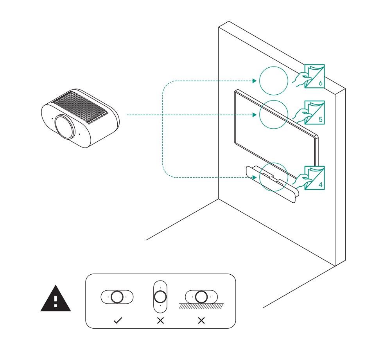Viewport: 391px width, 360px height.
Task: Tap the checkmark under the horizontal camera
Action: click(117, 320)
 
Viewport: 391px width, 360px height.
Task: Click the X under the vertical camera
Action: click(160, 320)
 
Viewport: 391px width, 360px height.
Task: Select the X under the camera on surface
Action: click(201, 320)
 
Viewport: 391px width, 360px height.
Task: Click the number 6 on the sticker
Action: click(321, 83)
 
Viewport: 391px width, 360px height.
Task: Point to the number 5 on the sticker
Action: click(321, 119)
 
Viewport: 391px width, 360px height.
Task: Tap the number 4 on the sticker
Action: click(321, 185)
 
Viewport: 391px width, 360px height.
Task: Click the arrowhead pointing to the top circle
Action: click(254, 81)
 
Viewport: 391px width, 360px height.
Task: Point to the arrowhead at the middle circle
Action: click(254, 115)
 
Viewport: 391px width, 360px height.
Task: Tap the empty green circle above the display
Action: click(274, 81)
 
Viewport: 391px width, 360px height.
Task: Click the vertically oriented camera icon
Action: click(160, 296)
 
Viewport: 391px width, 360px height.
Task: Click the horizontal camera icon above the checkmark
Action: click(117, 297)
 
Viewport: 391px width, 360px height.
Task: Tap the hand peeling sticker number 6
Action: click(302, 79)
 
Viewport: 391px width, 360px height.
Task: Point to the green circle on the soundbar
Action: click(274, 177)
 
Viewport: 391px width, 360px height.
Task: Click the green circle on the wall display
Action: click(274, 114)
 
